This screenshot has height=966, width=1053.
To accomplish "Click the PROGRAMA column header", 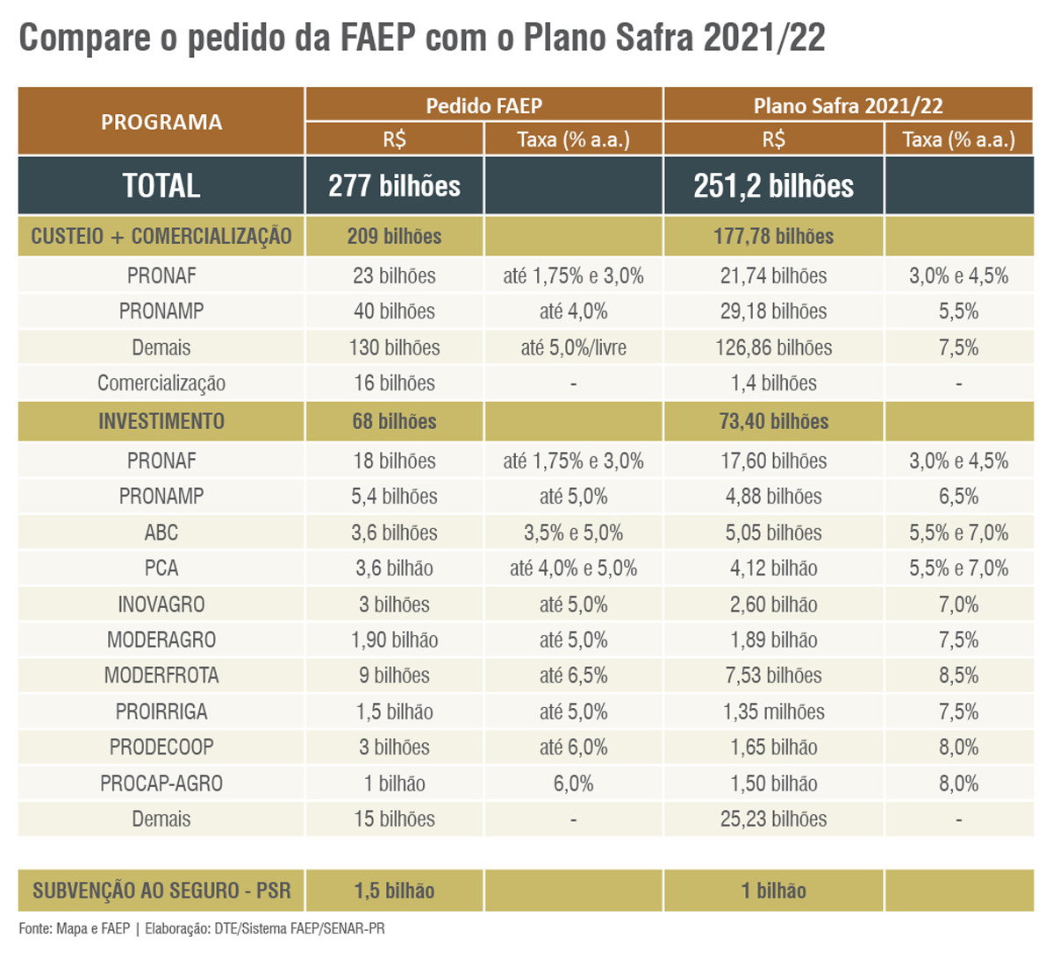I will click(161, 122).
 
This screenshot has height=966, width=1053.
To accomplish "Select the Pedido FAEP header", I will click(484, 105).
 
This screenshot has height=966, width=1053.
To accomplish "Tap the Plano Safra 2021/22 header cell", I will click(848, 105).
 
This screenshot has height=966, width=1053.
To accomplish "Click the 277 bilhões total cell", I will click(394, 186).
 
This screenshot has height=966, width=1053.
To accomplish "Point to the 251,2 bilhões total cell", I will click(773, 186).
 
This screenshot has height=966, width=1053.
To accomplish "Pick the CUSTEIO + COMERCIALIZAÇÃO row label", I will click(161, 236).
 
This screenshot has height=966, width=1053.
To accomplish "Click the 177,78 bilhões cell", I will click(773, 236).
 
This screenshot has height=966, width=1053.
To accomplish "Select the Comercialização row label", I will click(161, 383).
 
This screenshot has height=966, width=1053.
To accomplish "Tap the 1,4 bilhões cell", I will click(773, 383).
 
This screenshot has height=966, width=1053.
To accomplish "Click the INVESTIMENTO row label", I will click(161, 421).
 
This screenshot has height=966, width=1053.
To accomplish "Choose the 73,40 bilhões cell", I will click(773, 421).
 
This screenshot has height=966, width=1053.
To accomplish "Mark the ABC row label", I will click(161, 533).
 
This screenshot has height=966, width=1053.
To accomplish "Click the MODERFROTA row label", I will click(161, 676).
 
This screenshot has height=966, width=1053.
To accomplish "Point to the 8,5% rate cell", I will click(958, 676).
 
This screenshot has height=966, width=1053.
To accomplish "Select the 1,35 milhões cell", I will click(773, 712).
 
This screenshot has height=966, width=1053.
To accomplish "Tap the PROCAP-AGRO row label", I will click(161, 784).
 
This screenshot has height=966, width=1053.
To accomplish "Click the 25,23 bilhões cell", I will click(773, 819).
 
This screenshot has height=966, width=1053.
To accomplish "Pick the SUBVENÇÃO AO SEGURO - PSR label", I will click(161, 891).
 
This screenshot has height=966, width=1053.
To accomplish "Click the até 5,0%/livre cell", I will click(573, 347).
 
